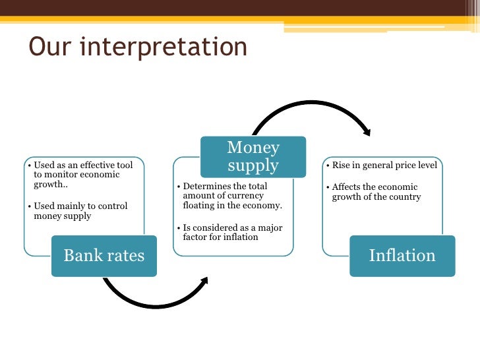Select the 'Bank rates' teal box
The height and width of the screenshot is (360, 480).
click(104, 256)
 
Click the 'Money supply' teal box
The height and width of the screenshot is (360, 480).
click(253, 156)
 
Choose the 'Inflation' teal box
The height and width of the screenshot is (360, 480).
click(402, 256)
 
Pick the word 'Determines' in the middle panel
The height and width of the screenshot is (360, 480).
click(206, 187)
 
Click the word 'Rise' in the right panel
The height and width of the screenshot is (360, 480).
click(342, 165)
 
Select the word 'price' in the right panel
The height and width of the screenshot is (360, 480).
click(404, 165)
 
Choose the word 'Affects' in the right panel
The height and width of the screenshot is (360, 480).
click(348, 187)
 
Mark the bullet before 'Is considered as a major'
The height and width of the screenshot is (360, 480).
click(178, 227)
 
